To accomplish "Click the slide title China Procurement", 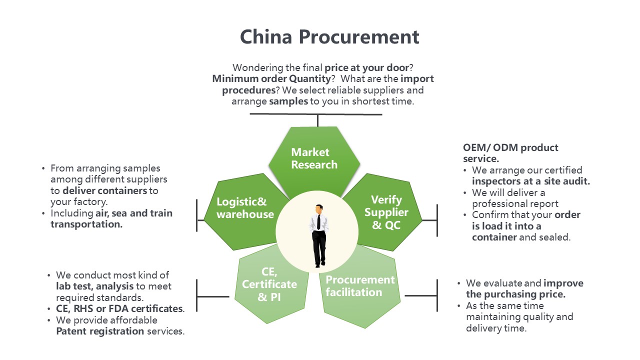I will click(329, 37).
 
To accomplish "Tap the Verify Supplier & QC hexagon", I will click(386, 212).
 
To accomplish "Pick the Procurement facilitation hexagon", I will click(360, 286).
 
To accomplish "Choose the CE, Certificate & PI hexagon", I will click(269, 284).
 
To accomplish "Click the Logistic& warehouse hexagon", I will click(245, 208).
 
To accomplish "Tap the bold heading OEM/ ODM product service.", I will click(510, 153).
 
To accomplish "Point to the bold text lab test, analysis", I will click(94, 286).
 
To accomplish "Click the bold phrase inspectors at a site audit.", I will click(531, 181).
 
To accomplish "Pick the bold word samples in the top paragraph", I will click(287, 101).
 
